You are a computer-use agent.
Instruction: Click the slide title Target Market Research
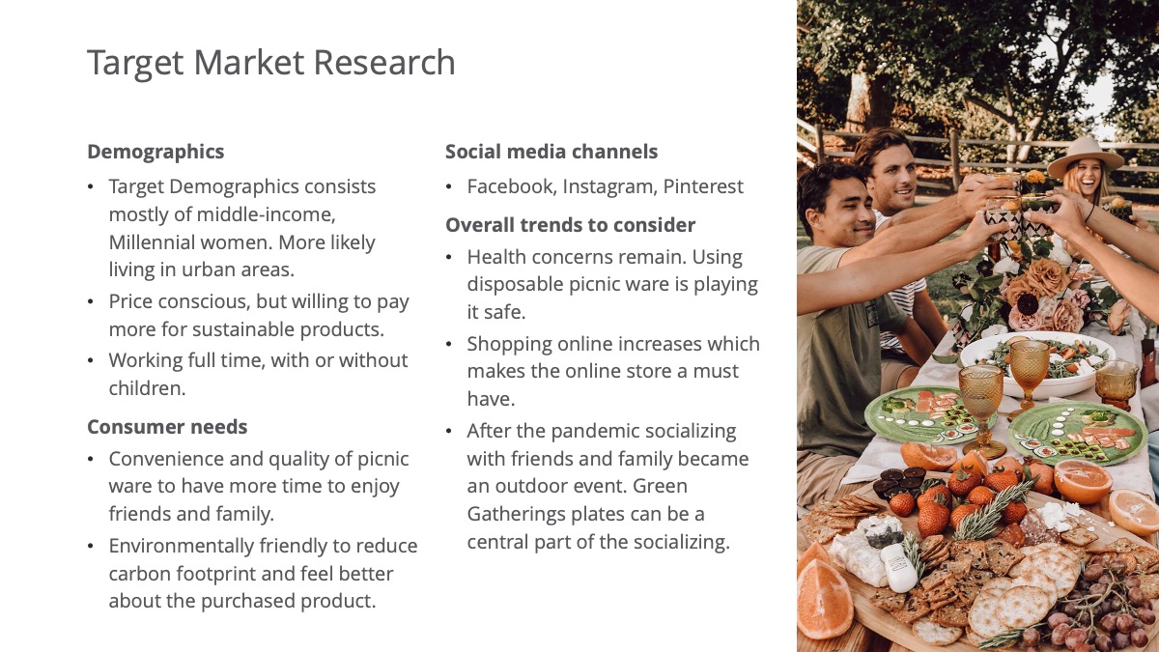tap(271, 63)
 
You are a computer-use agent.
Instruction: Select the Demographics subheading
tap(155, 152)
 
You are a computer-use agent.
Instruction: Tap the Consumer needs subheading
tap(167, 427)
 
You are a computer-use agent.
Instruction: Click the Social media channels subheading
tap(551, 152)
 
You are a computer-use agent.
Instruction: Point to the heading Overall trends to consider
tap(570, 225)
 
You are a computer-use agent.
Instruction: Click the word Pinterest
tap(703, 186)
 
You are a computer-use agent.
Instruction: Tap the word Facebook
tap(512, 186)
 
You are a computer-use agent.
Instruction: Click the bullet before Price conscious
tap(91, 301)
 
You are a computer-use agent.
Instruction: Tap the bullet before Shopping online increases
tap(448, 344)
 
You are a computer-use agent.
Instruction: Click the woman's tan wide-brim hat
tap(1085, 156)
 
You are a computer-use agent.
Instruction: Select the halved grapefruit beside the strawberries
tap(1082, 481)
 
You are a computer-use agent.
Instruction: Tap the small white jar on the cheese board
tap(899, 568)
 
